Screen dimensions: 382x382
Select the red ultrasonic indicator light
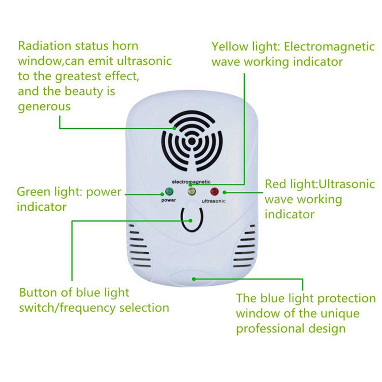pos(214,192)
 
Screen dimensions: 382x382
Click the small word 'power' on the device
pos(169,200)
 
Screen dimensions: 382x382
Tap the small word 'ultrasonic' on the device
pos(214,201)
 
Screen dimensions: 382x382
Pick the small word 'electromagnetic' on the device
pos(191,182)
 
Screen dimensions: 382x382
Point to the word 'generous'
pos(44,107)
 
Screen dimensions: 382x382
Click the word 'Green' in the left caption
pos(33,192)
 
